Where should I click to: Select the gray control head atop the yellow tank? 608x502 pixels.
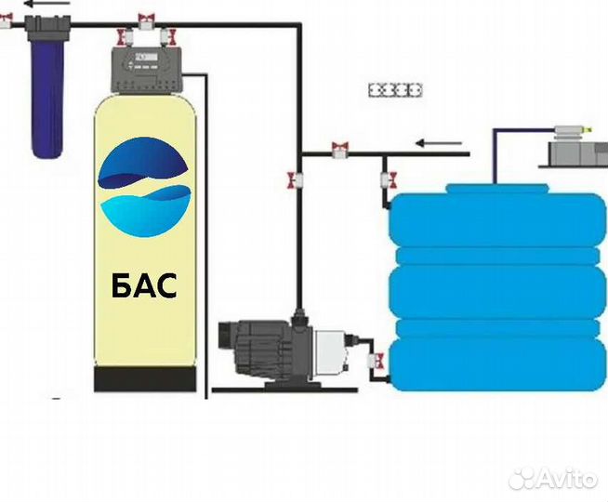click(x=150, y=69)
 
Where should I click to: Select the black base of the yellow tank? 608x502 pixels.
click(x=146, y=378)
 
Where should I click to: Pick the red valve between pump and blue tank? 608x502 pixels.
click(x=377, y=359)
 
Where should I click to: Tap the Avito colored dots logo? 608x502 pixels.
click(x=524, y=478)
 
